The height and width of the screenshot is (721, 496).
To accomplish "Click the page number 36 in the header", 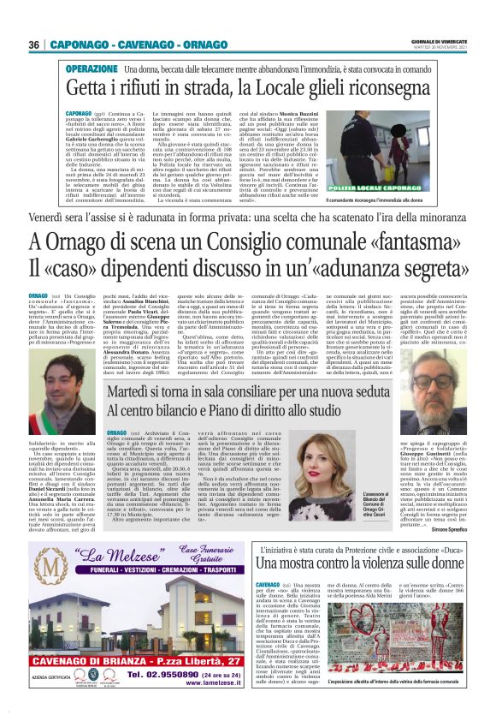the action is point(35,45).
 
